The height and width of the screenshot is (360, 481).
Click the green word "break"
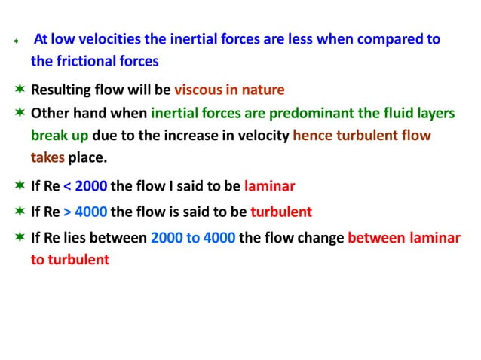click(48, 136)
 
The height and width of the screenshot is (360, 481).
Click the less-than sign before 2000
click(68, 187)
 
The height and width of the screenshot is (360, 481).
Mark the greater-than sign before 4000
click(68, 212)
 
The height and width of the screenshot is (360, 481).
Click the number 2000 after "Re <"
click(91, 187)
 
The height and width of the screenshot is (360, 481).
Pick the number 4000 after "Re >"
click(91, 212)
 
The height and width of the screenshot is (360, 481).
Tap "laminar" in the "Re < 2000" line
click(269, 187)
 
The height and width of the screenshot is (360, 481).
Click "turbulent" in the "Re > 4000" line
click(280, 212)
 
